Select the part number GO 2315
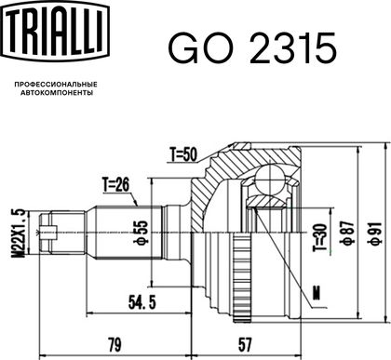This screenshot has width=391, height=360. tap(252, 48)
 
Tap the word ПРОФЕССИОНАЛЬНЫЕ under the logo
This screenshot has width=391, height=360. tap(56, 85)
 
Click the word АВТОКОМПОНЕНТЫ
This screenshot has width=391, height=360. tap(57, 93)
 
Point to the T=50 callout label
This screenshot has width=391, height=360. tap(183, 154)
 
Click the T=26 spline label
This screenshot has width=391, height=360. tap(115, 185)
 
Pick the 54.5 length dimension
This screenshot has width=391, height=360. tap(142, 301)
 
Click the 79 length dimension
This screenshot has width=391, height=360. tap(115, 344)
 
